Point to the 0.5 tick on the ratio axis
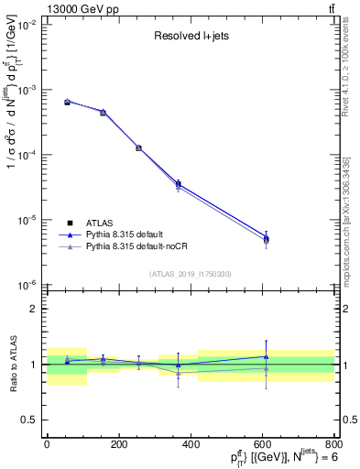coord(35,420)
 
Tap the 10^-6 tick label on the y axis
coord(29,285)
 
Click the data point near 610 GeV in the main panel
coord(267,239)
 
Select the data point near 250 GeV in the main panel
coord(138,147)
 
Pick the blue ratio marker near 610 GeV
coord(267,356)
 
